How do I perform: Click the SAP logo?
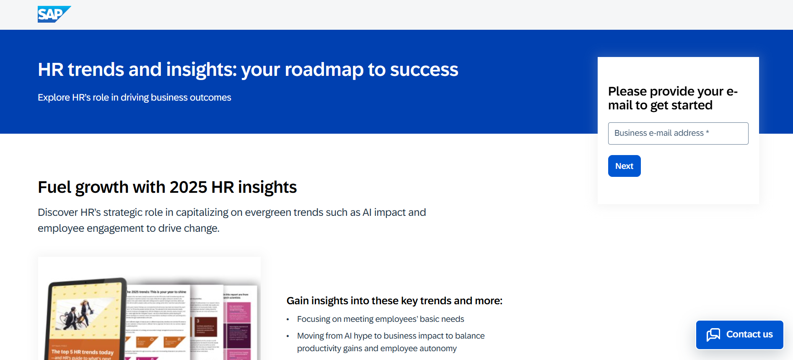point(53,14)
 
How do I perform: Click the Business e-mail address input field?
point(678,133)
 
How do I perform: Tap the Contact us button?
point(740,334)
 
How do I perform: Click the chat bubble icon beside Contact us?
point(713,334)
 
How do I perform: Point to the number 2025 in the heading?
point(188,187)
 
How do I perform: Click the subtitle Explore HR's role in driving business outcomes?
point(134,98)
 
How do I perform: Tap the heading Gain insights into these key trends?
point(394,301)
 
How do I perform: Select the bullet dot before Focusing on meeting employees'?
point(288,320)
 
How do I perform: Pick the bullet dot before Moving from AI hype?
point(288,336)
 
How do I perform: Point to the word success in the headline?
point(424,70)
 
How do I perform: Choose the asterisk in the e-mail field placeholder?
point(707,132)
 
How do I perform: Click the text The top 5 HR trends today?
point(82,352)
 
